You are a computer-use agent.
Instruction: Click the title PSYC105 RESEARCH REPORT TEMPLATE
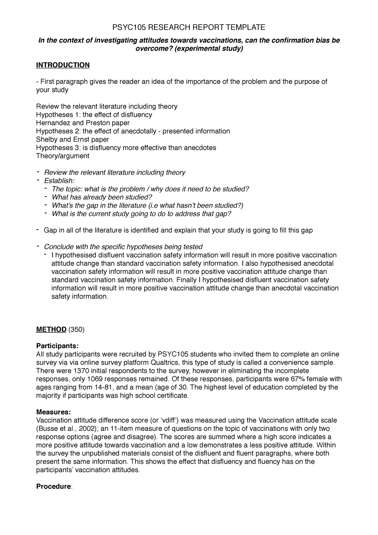189,27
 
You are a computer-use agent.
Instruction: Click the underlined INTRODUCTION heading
63,65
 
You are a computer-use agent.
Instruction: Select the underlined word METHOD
51,329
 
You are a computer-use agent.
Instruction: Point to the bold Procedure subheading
54,486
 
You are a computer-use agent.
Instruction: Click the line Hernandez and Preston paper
83,123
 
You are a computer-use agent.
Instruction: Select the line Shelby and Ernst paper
72,139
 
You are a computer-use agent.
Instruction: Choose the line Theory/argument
63,156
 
